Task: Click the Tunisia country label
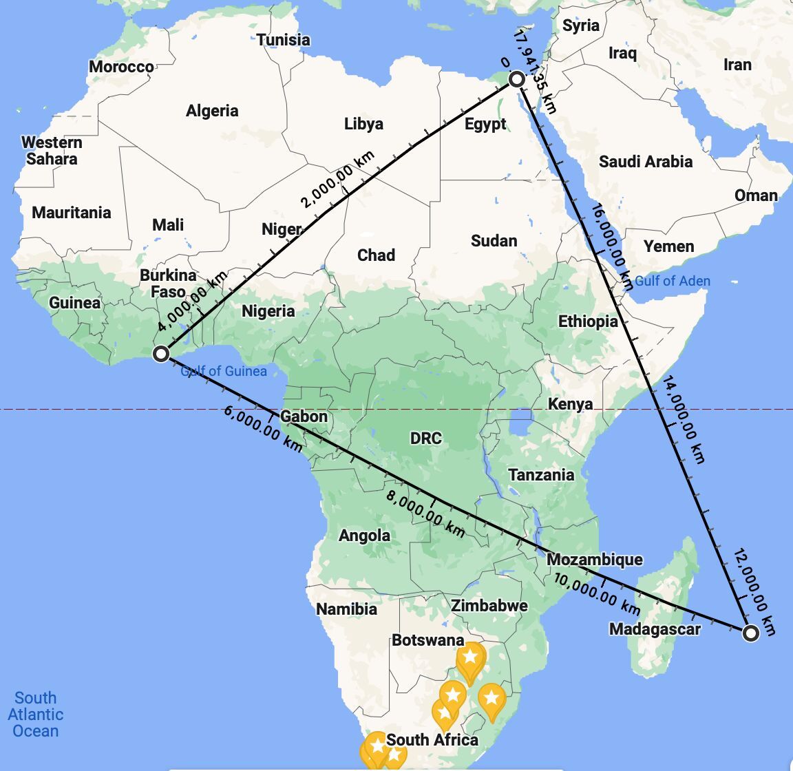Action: [284, 40]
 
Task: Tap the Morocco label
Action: [121, 67]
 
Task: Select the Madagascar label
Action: [655, 629]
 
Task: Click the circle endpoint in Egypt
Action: [517, 81]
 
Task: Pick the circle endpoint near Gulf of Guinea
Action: [161, 354]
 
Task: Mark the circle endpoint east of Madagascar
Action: [751, 633]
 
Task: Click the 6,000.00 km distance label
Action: [263, 428]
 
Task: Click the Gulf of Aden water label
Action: [672, 281]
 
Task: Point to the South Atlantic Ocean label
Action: [35, 715]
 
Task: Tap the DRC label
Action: [425, 439]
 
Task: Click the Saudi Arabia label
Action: [645, 162]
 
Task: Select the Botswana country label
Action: [427, 640]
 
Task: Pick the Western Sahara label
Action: [52, 151]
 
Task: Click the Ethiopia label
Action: [587, 321]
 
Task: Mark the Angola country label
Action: [364, 536]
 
